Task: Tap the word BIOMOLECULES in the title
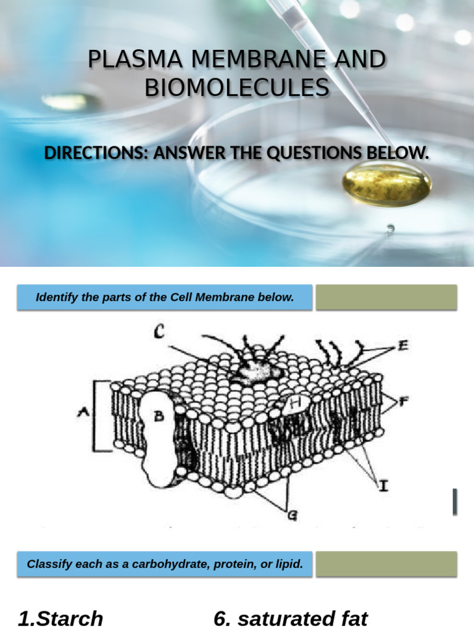[x=237, y=88]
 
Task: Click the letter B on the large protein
[x=159, y=417]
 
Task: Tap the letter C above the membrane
[x=160, y=333]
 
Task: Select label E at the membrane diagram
[x=402, y=346]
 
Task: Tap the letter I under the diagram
[x=383, y=487]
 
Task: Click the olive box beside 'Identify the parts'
[x=386, y=298]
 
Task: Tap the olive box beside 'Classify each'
[x=386, y=564]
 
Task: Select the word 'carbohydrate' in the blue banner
[x=163, y=564]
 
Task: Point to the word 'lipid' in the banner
[x=289, y=564]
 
